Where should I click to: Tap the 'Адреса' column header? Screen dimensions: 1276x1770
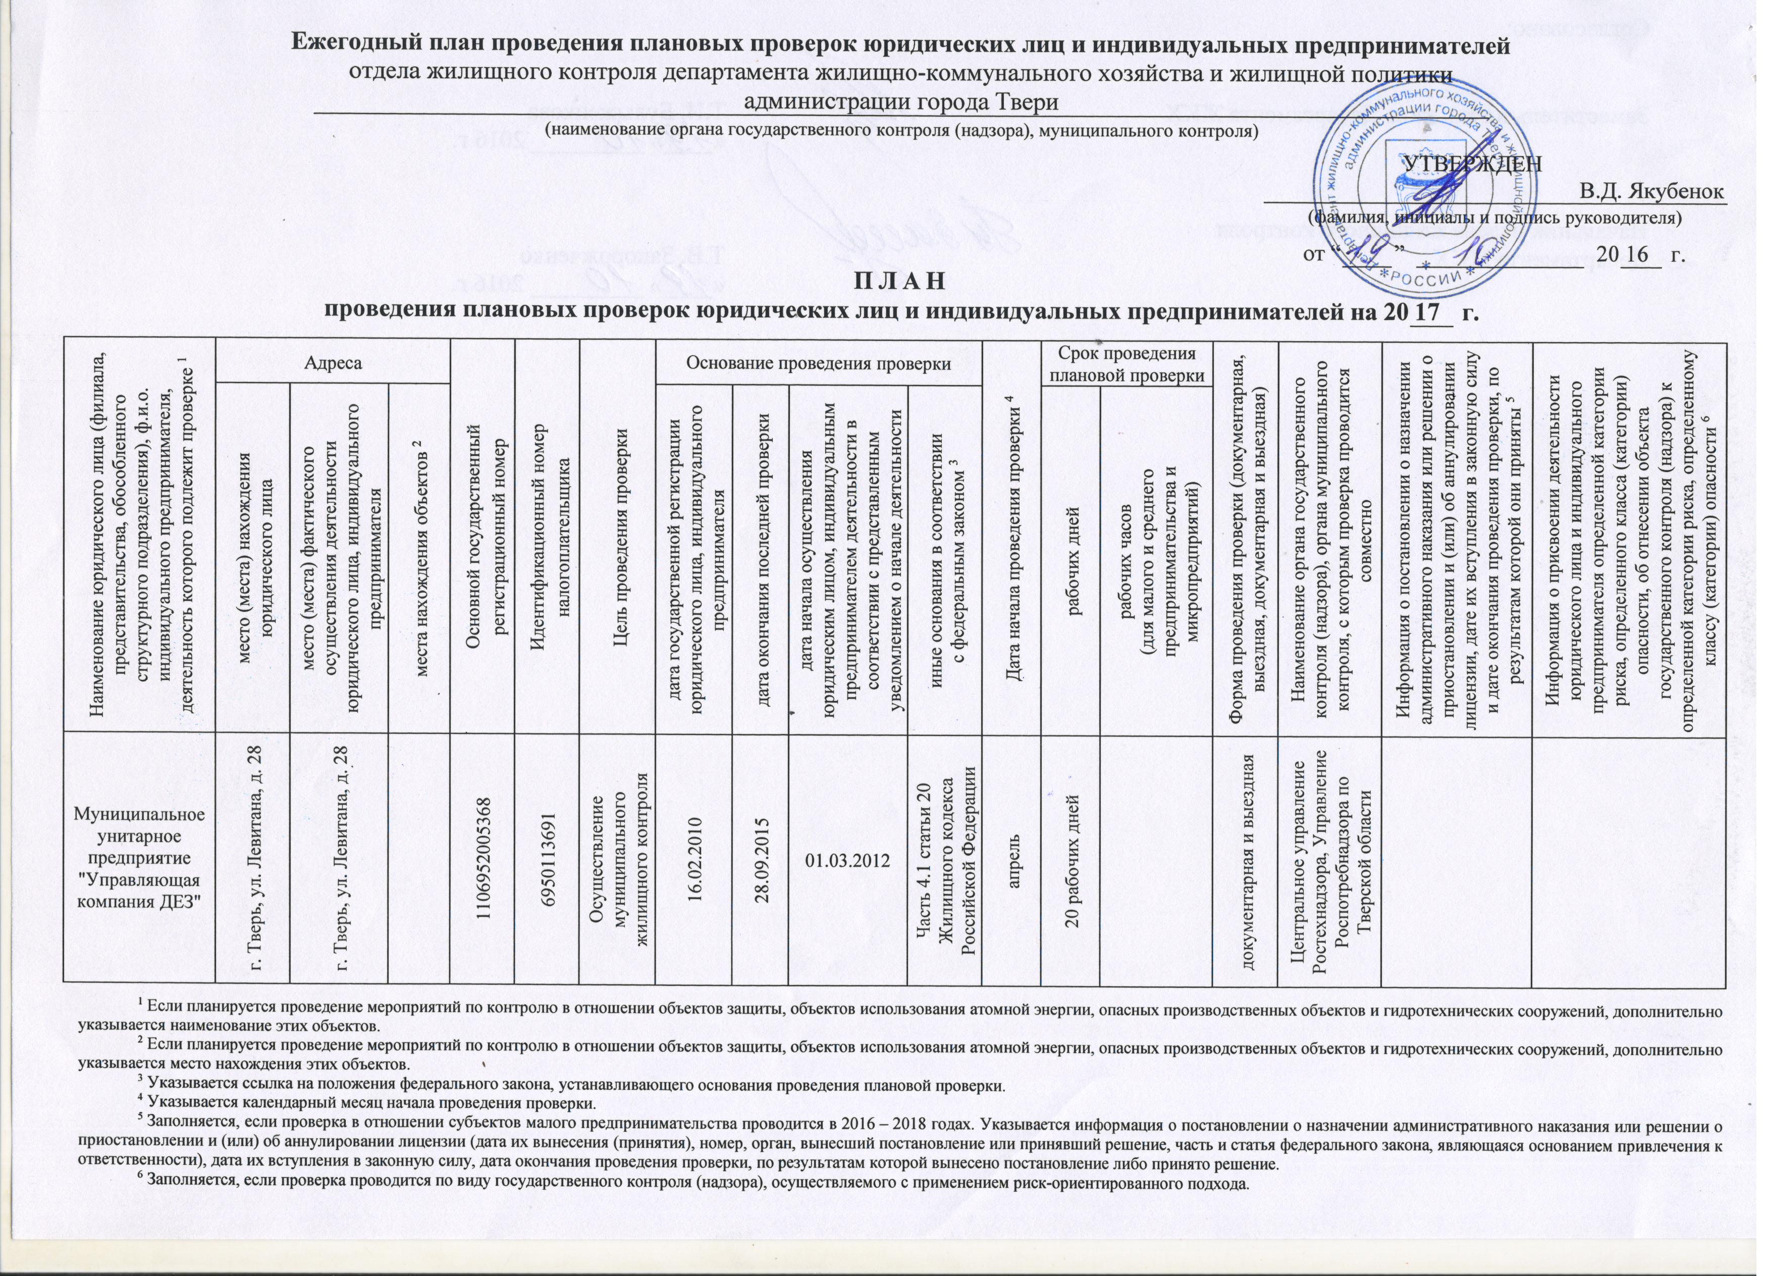[333, 364]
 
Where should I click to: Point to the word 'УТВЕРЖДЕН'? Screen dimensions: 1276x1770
[1473, 164]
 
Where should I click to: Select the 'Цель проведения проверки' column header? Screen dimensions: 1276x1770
[617, 539]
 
